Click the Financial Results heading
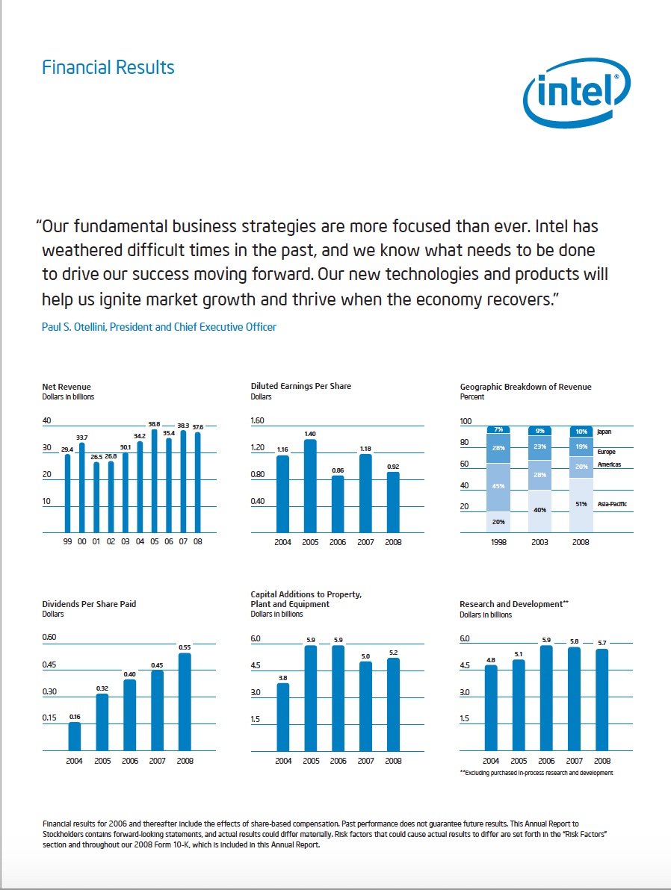(x=108, y=67)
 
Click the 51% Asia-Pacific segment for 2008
(x=582, y=504)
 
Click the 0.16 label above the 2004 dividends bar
(x=75, y=716)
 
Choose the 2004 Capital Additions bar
(x=283, y=717)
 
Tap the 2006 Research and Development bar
(x=546, y=698)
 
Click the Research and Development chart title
(x=510, y=604)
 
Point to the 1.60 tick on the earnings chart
(x=258, y=421)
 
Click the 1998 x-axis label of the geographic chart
(x=498, y=542)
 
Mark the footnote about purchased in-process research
(x=536, y=773)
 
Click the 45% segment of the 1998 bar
(x=498, y=486)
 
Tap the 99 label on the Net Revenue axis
(x=67, y=542)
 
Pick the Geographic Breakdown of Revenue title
(x=525, y=387)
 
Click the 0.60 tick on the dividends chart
(x=50, y=638)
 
